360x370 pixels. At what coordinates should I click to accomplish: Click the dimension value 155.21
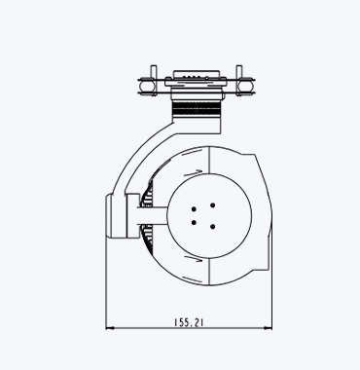tap(189, 322)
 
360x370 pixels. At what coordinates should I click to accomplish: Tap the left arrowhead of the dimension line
tap(110, 328)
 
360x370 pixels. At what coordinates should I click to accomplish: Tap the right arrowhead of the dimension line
tap(268, 328)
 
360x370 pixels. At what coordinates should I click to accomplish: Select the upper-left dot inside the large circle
tap(194, 209)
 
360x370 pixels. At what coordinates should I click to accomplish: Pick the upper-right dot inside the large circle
tap(212, 205)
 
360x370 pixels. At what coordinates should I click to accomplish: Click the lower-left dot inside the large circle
tap(194, 222)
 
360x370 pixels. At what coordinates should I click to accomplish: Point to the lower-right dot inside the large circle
tap(212, 227)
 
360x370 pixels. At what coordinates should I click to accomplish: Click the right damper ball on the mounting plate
tap(247, 86)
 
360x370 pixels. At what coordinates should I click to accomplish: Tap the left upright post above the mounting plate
tap(154, 72)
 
